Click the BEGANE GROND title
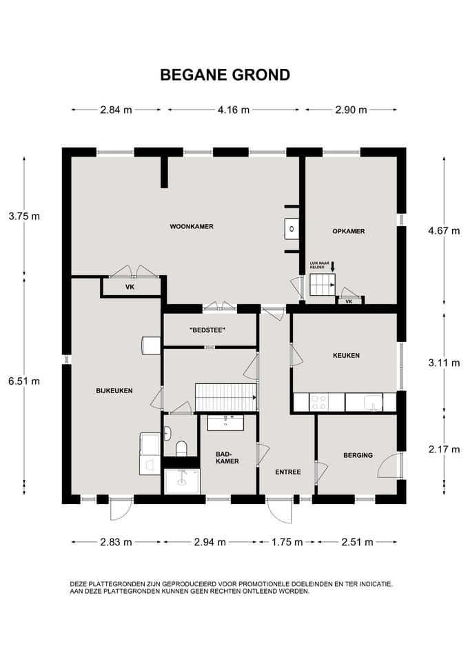click(x=225, y=74)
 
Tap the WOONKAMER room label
click(x=192, y=227)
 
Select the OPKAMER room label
click(x=349, y=232)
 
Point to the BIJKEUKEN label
click(x=114, y=391)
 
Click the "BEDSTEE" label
click(x=207, y=330)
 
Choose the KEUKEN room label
click(x=346, y=356)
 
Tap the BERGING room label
click(x=358, y=455)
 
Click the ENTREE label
click(x=288, y=472)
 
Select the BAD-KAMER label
click(x=227, y=458)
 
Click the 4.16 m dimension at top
click(x=234, y=110)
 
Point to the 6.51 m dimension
click(x=24, y=381)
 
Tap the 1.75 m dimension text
click(x=287, y=542)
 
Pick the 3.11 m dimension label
click(x=444, y=363)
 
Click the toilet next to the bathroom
click(x=181, y=448)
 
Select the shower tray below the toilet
click(x=182, y=482)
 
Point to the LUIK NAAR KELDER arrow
click(x=332, y=267)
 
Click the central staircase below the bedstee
click(x=226, y=397)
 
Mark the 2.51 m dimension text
click(x=357, y=542)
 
